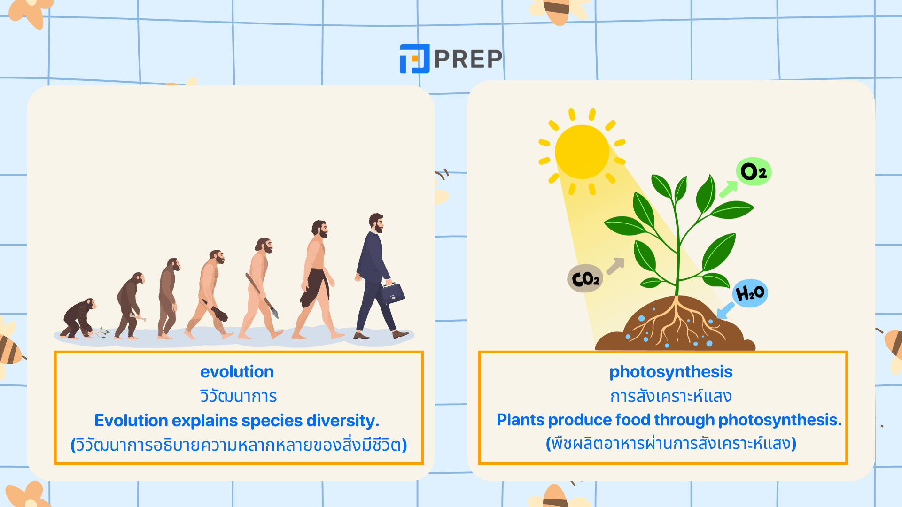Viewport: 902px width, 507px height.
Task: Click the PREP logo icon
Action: (x=414, y=59)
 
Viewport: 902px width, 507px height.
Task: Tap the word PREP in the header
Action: (x=468, y=59)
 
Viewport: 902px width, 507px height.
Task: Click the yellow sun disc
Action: (x=582, y=152)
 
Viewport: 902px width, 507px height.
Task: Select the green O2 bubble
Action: (x=754, y=171)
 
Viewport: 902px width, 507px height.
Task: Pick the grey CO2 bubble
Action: (x=585, y=279)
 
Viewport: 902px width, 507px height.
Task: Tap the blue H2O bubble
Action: (x=750, y=293)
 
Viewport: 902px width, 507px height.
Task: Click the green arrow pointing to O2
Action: (x=729, y=189)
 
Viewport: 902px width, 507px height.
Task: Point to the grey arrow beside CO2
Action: (x=615, y=266)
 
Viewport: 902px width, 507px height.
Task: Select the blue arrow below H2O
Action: (x=725, y=310)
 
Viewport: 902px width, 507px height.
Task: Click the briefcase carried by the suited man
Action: (x=393, y=293)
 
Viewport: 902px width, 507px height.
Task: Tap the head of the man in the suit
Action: (x=376, y=223)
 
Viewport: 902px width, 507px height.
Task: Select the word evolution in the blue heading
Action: (x=237, y=372)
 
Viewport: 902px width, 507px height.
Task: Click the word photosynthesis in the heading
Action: (x=671, y=372)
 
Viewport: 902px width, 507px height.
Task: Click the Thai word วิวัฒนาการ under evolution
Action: (x=239, y=396)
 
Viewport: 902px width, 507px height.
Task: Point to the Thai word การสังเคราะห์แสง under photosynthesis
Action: (x=671, y=396)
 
